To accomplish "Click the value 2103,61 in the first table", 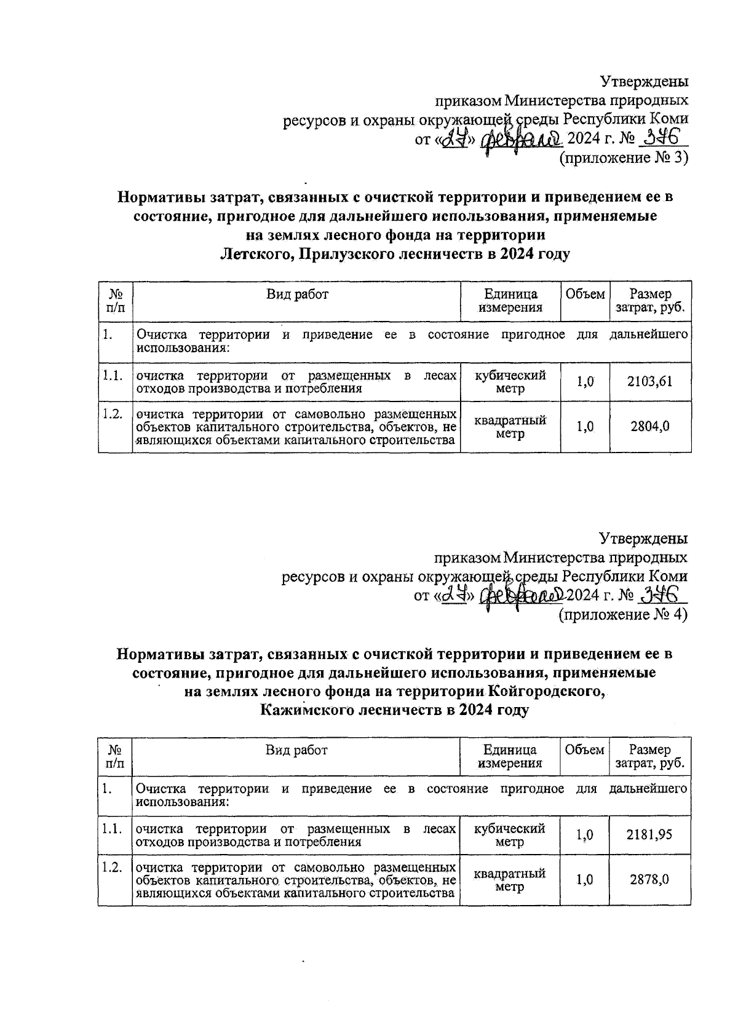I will [x=649, y=382].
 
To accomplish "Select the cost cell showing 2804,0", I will [x=649, y=426].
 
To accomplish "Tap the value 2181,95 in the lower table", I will [x=649, y=835].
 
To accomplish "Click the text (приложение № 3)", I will [x=623, y=158].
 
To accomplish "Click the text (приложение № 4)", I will [x=622, y=614].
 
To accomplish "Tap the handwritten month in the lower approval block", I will [x=522, y=595].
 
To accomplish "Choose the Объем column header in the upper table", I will [x=585, y=295].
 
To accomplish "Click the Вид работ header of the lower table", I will [x=296, y=750].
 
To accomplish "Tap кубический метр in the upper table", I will [x=510, y=382].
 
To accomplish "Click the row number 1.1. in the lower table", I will [x=113, y=829].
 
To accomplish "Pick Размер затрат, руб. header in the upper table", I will [x=650, y=301].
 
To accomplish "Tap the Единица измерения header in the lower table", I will [x=510, y=756].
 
